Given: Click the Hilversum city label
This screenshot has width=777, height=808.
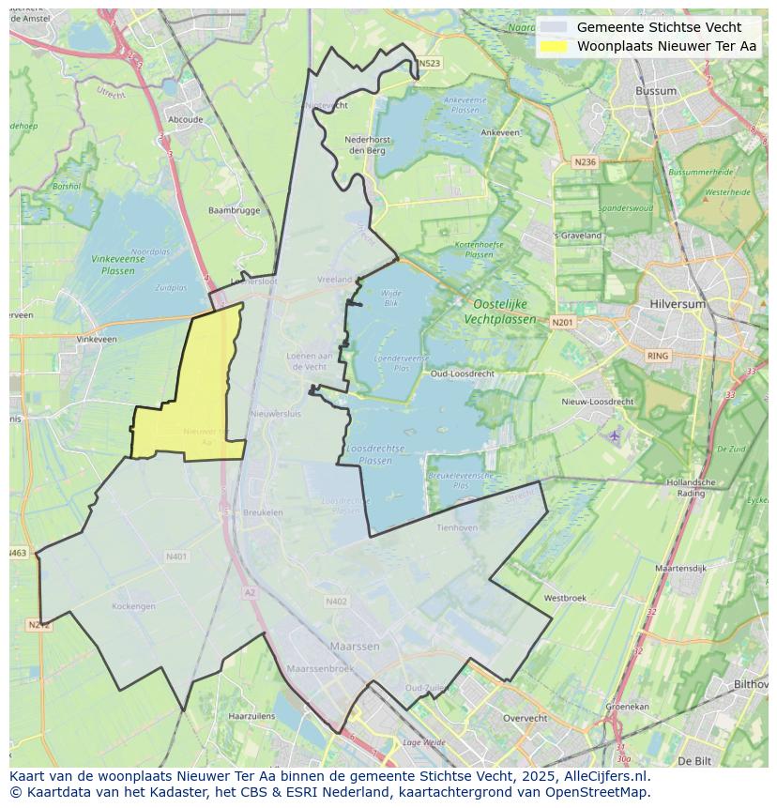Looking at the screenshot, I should [x=678, y=305].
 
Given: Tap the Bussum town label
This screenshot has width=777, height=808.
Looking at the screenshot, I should [x=655, y=91].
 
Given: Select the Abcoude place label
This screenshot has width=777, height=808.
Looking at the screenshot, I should [x=185, y=120].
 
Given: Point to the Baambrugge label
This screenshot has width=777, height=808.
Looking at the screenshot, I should [x=234, y=211].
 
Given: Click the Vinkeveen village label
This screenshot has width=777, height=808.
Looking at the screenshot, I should [x=98, y=339].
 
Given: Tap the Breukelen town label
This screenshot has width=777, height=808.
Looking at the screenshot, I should [x=263, y=512].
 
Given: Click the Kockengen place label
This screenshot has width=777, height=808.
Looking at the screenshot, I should [x=133, y=606].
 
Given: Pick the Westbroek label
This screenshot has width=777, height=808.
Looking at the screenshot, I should [x=565, y=598].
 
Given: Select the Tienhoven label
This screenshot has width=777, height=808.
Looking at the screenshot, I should [x=457, y=527].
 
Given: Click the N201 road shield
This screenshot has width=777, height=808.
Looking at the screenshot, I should [x=562, y=323].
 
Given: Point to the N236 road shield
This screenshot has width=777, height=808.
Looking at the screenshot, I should [x=584, y=162].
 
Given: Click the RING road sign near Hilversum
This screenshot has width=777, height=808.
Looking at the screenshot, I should [x=658, y=356].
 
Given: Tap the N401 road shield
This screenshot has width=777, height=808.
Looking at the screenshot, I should [x=176, y=556].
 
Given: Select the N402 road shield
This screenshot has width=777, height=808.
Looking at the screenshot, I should [x=336, y=602].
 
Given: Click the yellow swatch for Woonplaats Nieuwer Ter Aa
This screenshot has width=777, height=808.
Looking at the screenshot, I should [x=555, y=46].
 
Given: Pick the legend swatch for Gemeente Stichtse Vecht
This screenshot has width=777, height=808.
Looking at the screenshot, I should [x=555, y=27].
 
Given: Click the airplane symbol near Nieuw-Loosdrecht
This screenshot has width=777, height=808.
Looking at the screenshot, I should [x=615, y=435].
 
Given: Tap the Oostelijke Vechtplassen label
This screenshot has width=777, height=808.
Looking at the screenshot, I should [x=500, y=312].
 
